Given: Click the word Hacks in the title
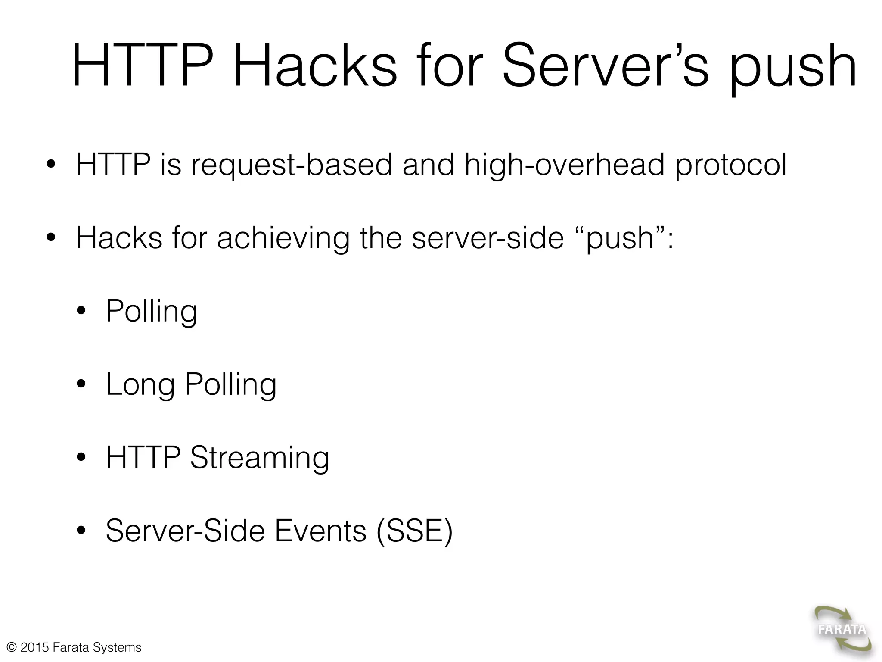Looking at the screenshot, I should coord(314,67).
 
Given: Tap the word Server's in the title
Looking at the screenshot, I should coord(605,67).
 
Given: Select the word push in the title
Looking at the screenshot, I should coord(792,69).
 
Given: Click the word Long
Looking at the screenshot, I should coord(140,384).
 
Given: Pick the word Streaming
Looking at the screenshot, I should coord(260,458).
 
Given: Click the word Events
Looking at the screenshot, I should coord(320,531).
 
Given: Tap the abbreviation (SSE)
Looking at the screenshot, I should coord(414,531).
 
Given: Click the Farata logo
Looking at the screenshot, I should coord(842,629).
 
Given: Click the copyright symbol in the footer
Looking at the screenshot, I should coord(12,647).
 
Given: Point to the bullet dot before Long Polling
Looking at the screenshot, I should coord(81,384).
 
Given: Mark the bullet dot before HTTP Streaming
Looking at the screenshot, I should coord(81,458).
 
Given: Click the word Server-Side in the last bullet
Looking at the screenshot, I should coord(185,531).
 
